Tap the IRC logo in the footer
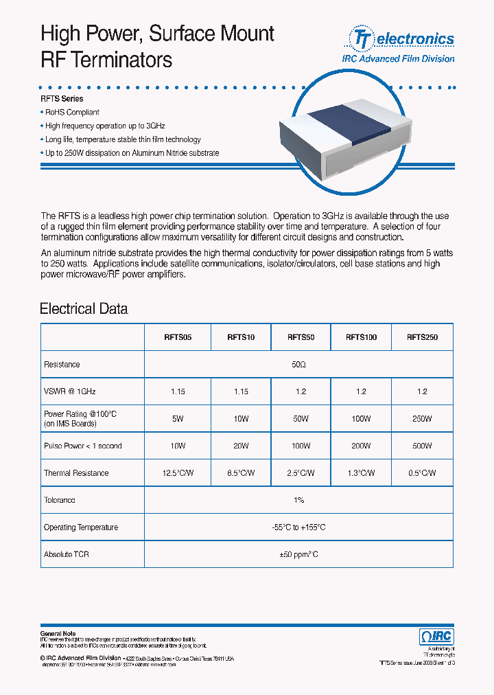click(x=435, y=637)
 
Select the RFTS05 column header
click(x=178, y=337)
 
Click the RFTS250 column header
click(x=422, y=337)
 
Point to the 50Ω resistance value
click(x=298, y=365)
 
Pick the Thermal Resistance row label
click(x=76, y=473)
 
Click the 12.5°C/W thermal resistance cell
click(x=178, y=473)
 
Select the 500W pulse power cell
click(x=422, y=446)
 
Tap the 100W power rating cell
click(x=361, y=418)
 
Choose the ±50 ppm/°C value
click(x=298, y=554)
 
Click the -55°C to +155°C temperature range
click(x=298, y=527)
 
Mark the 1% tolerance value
click(x=298, y=501)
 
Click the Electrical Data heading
click(x=84, y=308)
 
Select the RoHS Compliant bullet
click(x=72, y=112)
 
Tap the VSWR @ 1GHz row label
click(x=69, y=391)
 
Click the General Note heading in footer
click(x=58, y=633)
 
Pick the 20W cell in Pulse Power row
click(x=240, y=446)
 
